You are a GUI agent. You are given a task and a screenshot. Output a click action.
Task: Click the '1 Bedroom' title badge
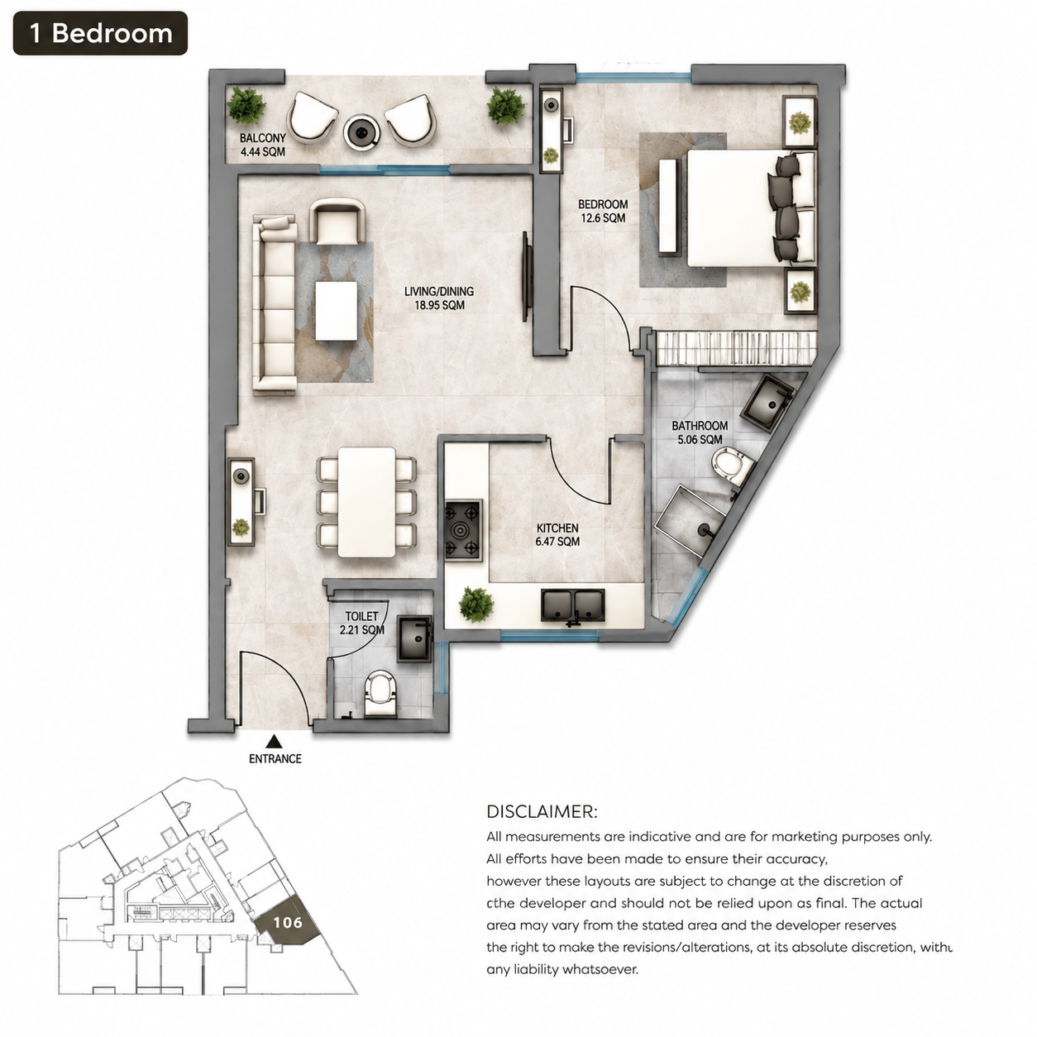tap(100, 33)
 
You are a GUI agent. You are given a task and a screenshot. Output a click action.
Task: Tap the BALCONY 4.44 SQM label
tap(263, 145)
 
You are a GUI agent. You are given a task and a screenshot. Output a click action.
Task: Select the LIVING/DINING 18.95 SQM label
tap(439, 299)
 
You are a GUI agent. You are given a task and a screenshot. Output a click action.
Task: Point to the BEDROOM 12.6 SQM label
tap(603, 211)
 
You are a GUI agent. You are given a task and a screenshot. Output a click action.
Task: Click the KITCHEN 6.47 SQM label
tap(557, 535)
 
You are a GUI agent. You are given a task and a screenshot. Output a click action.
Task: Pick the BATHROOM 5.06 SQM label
tap(700, 432)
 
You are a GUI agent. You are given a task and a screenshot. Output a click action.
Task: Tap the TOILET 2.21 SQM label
tap(361, 623)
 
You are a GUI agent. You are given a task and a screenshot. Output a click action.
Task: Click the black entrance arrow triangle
tap(275, 742)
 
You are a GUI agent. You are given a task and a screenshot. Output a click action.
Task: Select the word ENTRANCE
tap(275, 759)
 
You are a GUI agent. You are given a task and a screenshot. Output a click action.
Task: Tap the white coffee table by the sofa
tap(337, 310)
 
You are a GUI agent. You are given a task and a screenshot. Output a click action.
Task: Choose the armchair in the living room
tap(337, 221)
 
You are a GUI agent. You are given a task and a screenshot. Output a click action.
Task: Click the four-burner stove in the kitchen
tap(463, 530)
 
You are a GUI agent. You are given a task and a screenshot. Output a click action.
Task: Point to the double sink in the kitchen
tap(573, 605)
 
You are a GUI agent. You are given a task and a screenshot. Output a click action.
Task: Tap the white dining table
tap(366, 502)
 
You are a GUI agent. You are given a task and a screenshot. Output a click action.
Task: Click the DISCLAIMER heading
tap(542, 812)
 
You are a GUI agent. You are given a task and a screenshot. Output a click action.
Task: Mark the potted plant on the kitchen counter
tap(476, 605)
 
